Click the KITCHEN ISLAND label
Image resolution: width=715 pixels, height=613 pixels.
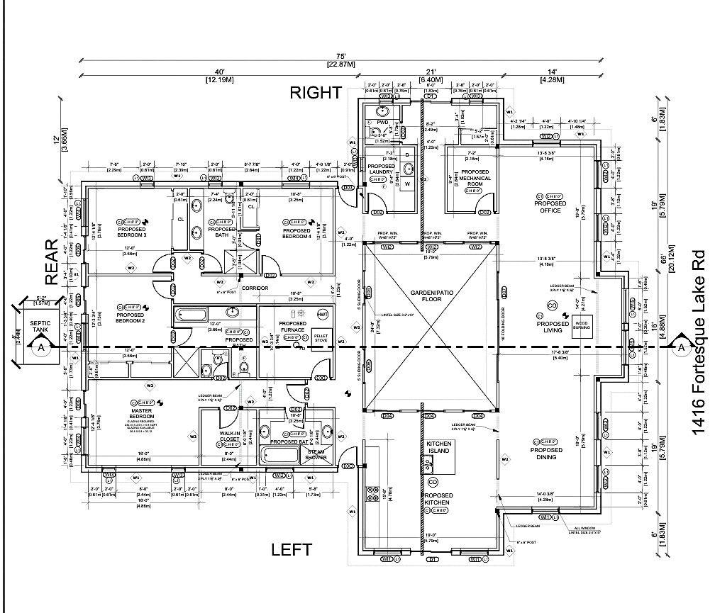click(x=439, y=447)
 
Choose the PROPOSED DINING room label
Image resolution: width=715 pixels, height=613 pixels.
click(x=546, y=454)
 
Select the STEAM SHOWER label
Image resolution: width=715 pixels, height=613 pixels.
click(x=316, y=454)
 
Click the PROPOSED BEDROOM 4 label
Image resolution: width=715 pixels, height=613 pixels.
click(x=296, y=234)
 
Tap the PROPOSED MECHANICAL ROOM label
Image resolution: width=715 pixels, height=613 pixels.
click(x=475, y=178)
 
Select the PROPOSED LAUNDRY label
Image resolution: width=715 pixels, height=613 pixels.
click(x=381, y=169)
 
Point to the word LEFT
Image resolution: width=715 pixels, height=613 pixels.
click(x=292, y=549)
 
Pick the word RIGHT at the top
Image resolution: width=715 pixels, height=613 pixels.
click(x=314, y=92)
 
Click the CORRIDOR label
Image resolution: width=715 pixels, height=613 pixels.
click(x=253, y=288)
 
